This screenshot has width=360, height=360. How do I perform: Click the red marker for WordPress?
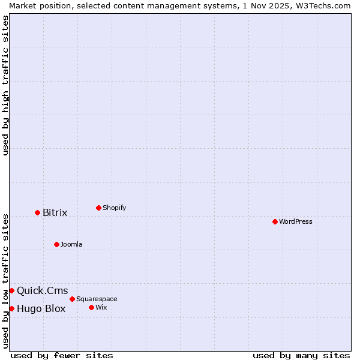(x=275, y=221)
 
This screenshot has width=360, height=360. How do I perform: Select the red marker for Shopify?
(x=98, y=208)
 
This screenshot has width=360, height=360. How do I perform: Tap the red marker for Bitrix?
(x=37, y=212)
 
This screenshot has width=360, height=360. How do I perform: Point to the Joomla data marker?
(x=56, y=244)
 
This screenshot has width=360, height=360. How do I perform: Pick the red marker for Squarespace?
(x=72, y=299)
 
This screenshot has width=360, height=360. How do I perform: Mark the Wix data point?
(x=91, y=307)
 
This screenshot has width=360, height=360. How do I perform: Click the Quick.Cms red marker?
(x=11, y=290)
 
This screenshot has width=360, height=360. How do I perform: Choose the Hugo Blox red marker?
(x=11, y=308)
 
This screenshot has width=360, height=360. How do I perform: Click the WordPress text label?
(x=296, y=221)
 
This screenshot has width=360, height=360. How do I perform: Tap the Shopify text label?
(x=114, y=208)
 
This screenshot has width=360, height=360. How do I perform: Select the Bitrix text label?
(x=55, y=213)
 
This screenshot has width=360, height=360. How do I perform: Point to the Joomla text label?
(x=71, y=244)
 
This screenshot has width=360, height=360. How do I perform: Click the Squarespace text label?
(x=97, y=299)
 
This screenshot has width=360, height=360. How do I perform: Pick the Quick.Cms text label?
(x=42, y=291)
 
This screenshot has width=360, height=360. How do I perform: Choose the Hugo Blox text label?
(x=41, y=309)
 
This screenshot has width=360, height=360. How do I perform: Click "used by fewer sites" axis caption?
(x=62, y=355)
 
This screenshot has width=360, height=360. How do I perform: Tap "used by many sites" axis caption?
(x=301, y=355)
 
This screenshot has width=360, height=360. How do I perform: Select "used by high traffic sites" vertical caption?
(x=5, y=85)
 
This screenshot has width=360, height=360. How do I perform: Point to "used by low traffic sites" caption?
(x=5, y=281)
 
